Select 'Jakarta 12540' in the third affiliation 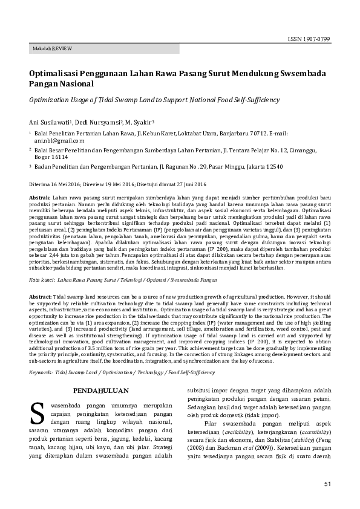pos(273,165)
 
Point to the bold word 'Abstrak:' pos(40,198)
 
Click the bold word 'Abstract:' pos(41,299)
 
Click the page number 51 pos(327,484)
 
